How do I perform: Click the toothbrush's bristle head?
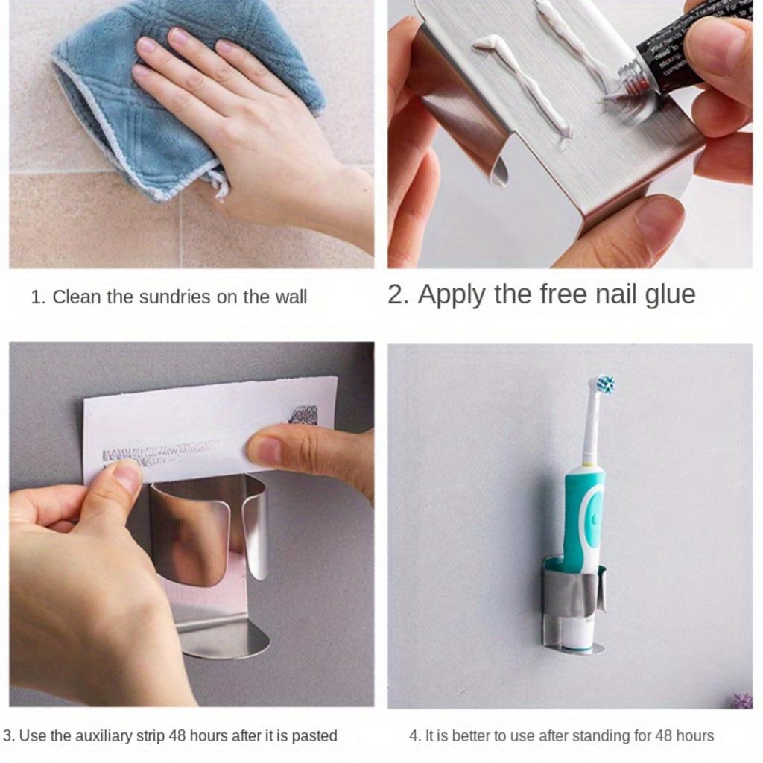604,384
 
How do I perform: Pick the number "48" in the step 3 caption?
177,736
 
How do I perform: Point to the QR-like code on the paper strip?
303,415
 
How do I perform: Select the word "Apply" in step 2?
452,295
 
